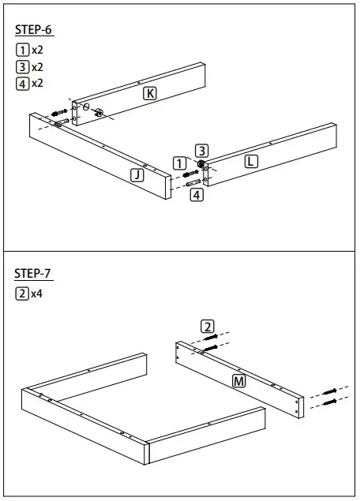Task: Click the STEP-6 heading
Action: (x=34, y=30)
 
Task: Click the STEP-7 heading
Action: (x=34, y=274)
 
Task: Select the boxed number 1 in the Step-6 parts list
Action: (x=22, y=50)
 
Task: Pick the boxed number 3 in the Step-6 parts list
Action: (x=22, y=66)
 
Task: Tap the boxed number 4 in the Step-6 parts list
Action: (x=22, y=83)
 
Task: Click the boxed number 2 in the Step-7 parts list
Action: (x=22, y=293)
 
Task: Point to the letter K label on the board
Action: (x=150, y=93)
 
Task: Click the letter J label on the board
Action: (x=137, y=175)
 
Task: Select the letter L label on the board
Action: (x=251, y=161)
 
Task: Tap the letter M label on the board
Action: (x=238, y=382)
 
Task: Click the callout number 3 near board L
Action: (x=202, y=150)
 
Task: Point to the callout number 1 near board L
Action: (x=179, y=163)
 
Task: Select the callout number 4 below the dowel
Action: (x=197, y=194)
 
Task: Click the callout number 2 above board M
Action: (x=207, y=326)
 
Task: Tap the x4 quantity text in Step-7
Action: (x=37, y=293)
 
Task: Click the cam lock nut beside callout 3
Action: (x=202, y=164)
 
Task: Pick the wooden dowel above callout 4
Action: (x=194, y=182)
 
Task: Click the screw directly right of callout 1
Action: (x=191, y=172)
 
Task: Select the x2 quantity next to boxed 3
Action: (x=37, y=66)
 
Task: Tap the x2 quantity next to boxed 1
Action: (x=37, y=50)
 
